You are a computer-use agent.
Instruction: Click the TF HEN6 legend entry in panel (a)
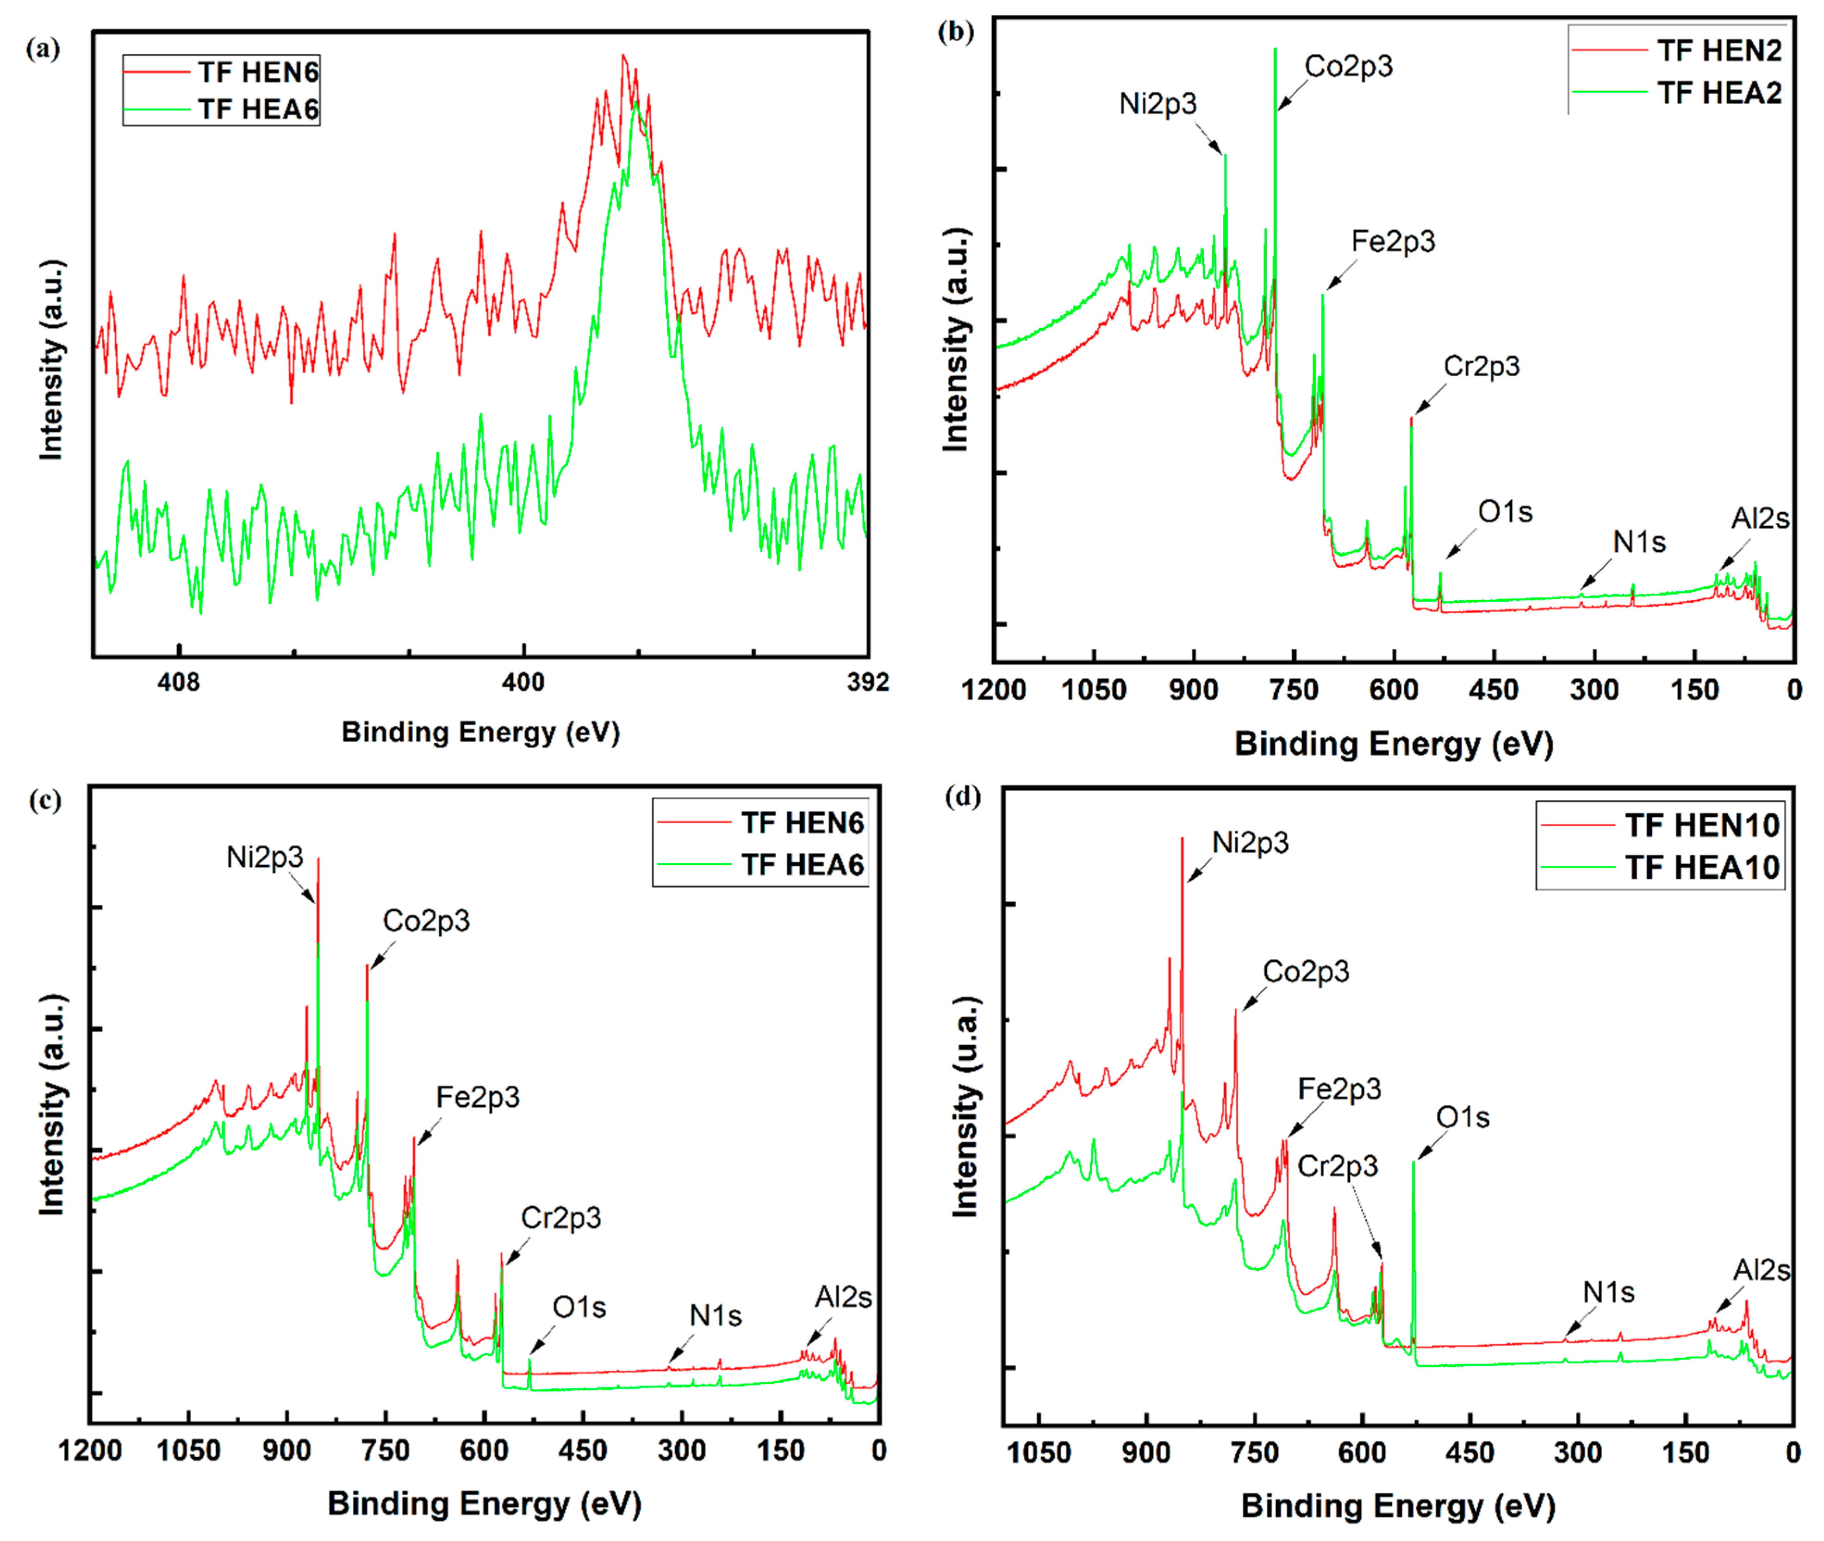258,72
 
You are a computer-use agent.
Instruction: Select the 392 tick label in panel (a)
867,682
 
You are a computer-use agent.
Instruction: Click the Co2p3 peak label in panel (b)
1348,66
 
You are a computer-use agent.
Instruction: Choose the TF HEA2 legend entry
1718,93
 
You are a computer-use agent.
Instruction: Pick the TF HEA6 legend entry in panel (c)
802,865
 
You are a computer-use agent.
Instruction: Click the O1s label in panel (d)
1463,1117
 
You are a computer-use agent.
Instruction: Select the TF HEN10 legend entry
1702,825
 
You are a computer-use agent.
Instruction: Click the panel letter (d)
963,797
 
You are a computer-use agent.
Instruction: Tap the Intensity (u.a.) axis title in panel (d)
965,1106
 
